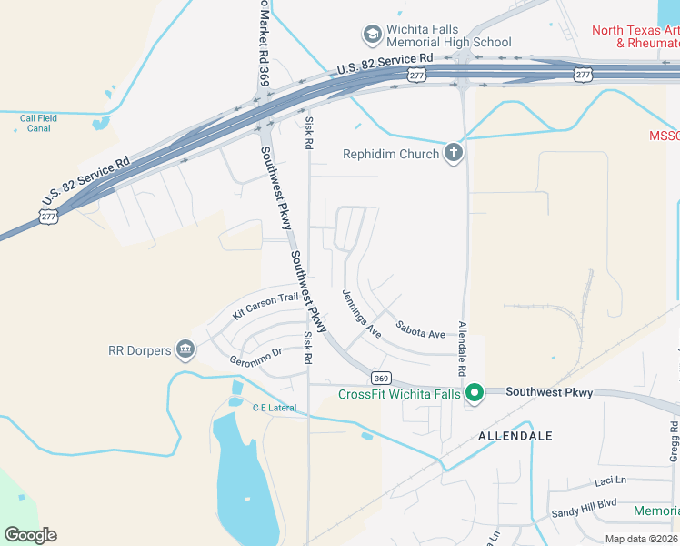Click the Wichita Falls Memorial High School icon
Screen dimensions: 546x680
point(371,35)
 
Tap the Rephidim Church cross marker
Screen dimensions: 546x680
point(454,153)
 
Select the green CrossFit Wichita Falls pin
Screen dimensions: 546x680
point(474,393)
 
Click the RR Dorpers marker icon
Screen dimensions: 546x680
point(185,349)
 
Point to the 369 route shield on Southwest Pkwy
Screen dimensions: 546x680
point(380,377)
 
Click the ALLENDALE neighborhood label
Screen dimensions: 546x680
point(515,436)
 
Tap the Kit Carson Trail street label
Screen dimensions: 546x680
point(265,305)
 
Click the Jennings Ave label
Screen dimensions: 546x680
point(361,314)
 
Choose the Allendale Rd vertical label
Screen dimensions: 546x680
point(462,349)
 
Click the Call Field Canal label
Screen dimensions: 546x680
point(38,123)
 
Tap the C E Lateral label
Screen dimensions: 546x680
point(275,408)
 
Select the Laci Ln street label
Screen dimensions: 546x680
point(611,480)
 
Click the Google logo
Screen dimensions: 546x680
point(30,535)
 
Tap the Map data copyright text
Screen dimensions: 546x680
point(642,539)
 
